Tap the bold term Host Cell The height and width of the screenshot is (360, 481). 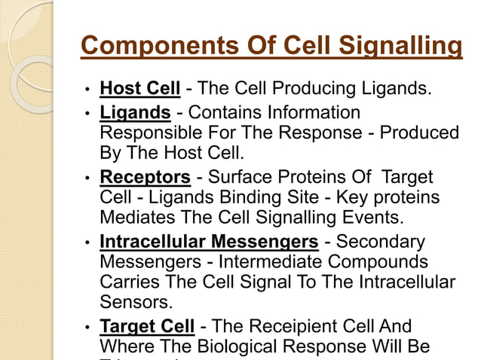point(139,90)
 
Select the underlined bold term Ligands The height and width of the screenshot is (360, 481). point(135,113)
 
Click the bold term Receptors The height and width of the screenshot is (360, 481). point(145,178)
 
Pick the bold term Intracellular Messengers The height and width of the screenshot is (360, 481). point(209,243)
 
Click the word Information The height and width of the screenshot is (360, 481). point(314,113)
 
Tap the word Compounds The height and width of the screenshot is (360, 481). point(391,263)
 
